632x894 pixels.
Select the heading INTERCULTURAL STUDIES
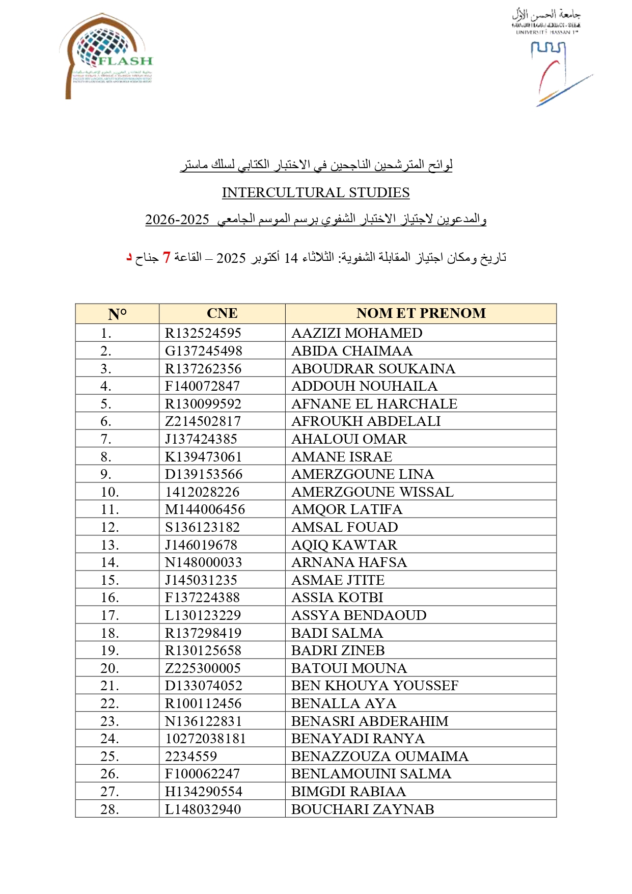click(x=316, y=193)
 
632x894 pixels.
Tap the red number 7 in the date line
click(x=167, y=257)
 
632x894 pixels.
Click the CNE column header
click(x=222, y=313)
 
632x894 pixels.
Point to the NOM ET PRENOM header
click(x=421, y=313)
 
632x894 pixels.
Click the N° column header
click(x=117, y=314)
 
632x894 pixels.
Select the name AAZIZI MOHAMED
click(x=357, y=333)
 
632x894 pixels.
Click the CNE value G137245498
click(x=204, y=351)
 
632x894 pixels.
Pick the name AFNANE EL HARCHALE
click(x=374, y=404)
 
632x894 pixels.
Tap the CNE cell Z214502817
click(x=203, y=421)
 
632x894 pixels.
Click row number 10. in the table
click(x=110, y=492)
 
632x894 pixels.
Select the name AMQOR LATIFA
click(x=347, y=509)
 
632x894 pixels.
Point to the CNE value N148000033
click(x=204, y=562)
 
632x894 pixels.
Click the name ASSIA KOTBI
click(x=337, y=598)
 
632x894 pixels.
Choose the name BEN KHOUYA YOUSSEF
click(x=375, y=686)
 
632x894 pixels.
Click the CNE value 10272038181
click(x=206, y=739)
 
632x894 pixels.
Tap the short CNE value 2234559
click(x=191, y=756)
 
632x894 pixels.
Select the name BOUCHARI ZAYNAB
click(x=363, y=809)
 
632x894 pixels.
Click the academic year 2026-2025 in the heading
click(x=177, y=220)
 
